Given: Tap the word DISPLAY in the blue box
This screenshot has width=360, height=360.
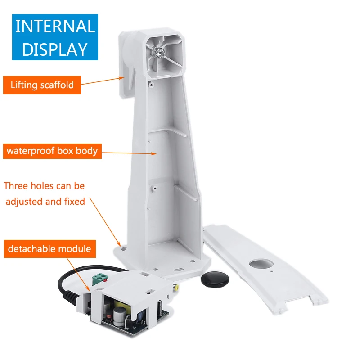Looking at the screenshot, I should click(55, 49).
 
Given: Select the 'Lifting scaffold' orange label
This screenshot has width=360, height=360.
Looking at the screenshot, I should click(42, 85).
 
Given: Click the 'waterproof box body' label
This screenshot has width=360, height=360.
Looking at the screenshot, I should click(52, 150).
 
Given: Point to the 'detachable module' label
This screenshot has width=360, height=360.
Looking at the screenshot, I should click(49, 248).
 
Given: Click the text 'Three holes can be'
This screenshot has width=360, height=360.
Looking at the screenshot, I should click(44, 186).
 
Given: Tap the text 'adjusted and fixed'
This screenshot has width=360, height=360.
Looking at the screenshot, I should click(45, 202).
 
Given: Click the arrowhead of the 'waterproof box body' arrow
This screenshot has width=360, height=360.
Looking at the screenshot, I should click(156, 153).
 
